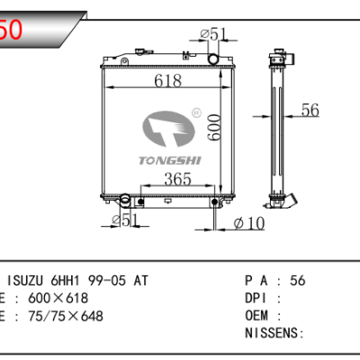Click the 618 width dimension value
click(168, 81)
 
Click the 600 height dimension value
click(214, 127)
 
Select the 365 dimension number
click(177, 179)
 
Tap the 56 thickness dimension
click(310, 110)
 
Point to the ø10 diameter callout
click(249, 223)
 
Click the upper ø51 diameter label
click(214, 34)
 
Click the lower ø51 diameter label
click(126, 220)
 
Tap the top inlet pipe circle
click(213, 58)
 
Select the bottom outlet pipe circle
click(125, 199)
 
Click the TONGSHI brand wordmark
click(170, 160)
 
